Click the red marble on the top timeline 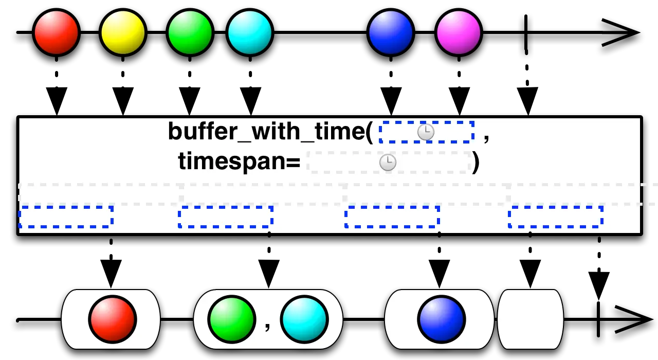click(56, 32)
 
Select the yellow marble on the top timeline click(123, 32)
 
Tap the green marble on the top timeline click(190, 32)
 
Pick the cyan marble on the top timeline click(250, 32)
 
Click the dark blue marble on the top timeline click(391, 32)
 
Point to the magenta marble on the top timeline click(458, 32)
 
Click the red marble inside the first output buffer click(113, 319)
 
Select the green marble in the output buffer click(232, 319)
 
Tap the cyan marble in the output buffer click(304, 319)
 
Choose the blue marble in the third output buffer click(442, 319)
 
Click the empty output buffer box click(530, 319)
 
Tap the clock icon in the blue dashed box click(426, 132)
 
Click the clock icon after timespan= click(388, 162)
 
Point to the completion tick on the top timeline click(526, 32)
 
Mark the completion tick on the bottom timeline click(598, 319)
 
